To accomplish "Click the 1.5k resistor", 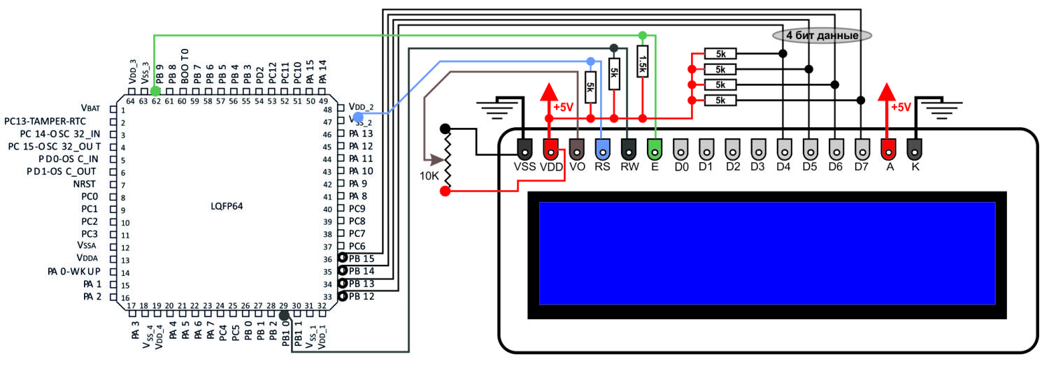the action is (x=643, y=61).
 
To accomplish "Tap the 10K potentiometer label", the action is (x=429, y=176).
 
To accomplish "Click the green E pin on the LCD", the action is (x=655, y=149).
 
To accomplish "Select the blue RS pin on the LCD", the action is (x=603, y=149).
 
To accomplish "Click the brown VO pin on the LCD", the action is (x=577, y=149).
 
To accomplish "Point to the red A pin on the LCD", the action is (x=888, y=149).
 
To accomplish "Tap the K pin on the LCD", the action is (x=915, y=149).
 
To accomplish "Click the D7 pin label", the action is (x=861, y=167).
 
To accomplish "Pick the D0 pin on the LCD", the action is (x=680, y=149).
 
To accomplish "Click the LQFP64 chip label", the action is (x=227, y=206).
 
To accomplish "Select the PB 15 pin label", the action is (x=362, y=258).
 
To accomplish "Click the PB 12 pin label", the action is (x=362, y=296).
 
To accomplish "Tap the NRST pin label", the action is (x=85, y=184).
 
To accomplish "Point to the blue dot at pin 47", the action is (x=358, y=117).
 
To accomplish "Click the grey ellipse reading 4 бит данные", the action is (x=822, y=36).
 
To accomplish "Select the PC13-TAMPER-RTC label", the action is (x=45, y=122).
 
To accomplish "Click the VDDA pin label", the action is (x=87, y=258).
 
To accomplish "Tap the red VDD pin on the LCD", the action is (x=551, y=149).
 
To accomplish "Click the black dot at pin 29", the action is (x=284, y=316).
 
